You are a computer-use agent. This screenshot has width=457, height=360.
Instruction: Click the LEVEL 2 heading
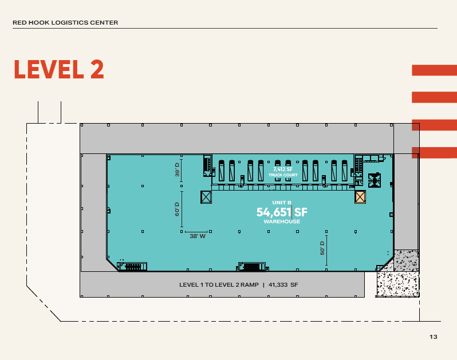click(59, 69)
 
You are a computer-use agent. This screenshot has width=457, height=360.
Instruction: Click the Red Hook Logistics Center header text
click(65, 23)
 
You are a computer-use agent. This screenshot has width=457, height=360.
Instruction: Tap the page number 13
click(434, 337)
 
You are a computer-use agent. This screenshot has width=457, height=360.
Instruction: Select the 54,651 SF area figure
click(282, 212)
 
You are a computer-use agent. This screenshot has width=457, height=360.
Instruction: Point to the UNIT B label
click(282, 203)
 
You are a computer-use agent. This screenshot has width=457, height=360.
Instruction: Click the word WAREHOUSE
click(282, 221)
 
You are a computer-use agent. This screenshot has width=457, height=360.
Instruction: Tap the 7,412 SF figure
click(283, 169)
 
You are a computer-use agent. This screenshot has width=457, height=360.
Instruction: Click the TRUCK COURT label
click(283, 175)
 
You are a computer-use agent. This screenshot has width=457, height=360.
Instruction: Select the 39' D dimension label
click(177, 170)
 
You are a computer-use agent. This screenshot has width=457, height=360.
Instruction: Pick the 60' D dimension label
click(177, 209)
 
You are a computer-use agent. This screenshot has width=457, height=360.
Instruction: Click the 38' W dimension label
click(198, 236)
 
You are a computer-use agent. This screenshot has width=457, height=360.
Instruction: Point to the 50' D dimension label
click(322, 248)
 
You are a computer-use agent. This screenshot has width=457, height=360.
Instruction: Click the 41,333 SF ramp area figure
click(283, 284)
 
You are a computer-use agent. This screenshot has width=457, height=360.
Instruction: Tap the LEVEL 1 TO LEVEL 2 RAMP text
click(219, 284)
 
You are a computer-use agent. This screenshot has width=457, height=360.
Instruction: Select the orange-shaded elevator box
click(360, 197)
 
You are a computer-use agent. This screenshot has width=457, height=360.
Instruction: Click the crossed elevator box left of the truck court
click(206, 197)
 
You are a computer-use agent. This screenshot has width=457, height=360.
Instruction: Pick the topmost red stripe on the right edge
click(434, 70)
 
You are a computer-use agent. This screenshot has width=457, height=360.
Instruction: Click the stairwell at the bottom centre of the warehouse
click(252, 267)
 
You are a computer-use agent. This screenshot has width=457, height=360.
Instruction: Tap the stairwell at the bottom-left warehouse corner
click(132, 266)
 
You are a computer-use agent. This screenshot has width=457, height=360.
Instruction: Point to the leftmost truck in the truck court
click(222, 171)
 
